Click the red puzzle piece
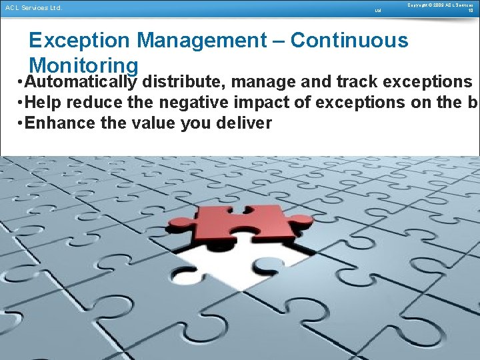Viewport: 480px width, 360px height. (x=247, y=224)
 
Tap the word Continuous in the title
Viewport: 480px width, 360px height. (x=349, y=41)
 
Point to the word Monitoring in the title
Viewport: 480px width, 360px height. (x=84, y=65)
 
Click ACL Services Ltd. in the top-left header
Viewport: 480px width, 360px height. (x=33, y=8)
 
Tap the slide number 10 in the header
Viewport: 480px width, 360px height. (x=470, y=11)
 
